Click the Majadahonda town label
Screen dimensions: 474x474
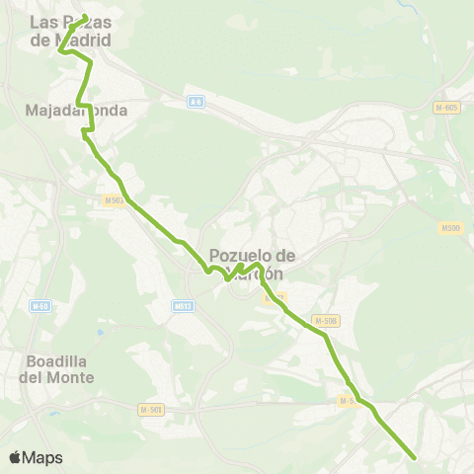click(76, 111)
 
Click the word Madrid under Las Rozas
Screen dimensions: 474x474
click(83, 40)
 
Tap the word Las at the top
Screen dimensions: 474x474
click(43, 21)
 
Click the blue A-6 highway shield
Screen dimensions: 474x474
click(196, 101)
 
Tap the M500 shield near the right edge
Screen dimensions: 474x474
click(450, 228)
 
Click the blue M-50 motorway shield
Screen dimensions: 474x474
click(40, 306)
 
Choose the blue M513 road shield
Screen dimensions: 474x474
click(182, 306)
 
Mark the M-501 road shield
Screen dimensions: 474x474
click(150, 409)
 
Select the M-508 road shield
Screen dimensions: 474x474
click(325, 320)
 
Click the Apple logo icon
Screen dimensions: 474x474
click(15, 457)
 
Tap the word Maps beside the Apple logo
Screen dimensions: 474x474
click(43, 457)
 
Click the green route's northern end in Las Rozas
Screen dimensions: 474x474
click(84, 16)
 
